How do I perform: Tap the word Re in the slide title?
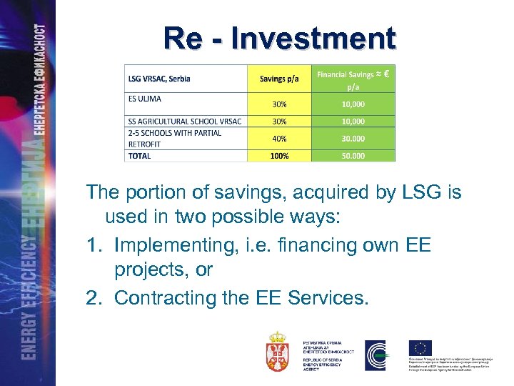[182, 38]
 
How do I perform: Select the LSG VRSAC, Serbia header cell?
[158, 79]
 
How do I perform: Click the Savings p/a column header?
[279, 79]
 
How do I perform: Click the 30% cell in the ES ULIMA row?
[279, 104]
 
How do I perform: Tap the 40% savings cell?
[279, 139]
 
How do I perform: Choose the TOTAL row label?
[139, 156]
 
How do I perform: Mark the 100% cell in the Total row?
[279, 156]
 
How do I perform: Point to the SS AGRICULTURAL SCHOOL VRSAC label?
[185, 122]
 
